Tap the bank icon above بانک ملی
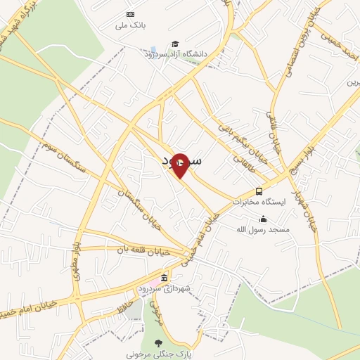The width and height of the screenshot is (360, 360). click(130, 14)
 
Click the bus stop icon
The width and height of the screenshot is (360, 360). click(259, 191)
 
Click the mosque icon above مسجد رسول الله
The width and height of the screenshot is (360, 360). click(263, 219)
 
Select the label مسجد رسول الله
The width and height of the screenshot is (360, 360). click(263, 229)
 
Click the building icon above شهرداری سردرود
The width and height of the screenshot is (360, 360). click(165, 278)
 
